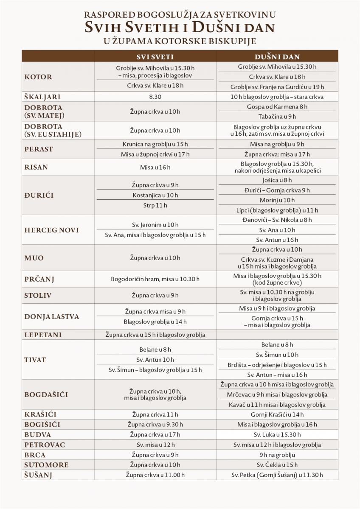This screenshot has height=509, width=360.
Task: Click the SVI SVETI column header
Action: point(155,56)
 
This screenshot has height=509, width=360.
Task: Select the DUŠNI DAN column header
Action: point(277,56)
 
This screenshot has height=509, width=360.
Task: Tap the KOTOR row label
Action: point(39,77)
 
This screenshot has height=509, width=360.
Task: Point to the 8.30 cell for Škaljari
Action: point(155,97)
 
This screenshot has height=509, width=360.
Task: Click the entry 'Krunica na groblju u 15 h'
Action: point(155,145)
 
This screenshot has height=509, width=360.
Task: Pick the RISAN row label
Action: point(37,167)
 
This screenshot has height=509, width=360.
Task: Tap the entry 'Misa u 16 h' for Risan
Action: point(155,167)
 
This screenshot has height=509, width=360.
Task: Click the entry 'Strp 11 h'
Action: point(155,205)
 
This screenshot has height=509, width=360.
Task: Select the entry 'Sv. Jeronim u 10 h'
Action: point(155,225)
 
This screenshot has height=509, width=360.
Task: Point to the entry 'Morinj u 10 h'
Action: point(277,200)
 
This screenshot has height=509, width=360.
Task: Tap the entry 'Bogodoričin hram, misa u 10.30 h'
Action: point(155,280)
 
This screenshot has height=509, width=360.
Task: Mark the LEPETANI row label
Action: point(43,335)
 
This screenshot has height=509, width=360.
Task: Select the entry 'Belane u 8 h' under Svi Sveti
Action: point(155,350)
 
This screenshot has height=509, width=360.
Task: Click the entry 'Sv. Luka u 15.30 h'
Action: point(277,435)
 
